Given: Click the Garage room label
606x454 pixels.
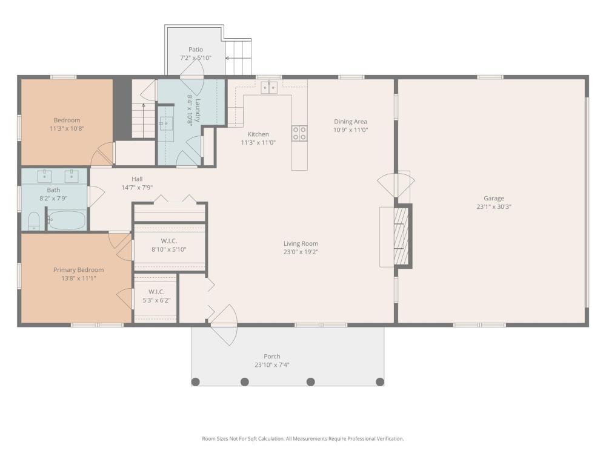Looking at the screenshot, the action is point(493,198).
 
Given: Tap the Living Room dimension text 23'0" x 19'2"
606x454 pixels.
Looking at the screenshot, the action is point(301,252).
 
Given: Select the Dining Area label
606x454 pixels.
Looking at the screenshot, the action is point(350,121).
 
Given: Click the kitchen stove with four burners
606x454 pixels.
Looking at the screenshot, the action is point(299,133).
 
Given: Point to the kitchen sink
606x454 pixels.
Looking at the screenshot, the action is point(268,88).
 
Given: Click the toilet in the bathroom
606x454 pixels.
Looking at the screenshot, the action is point(34,221).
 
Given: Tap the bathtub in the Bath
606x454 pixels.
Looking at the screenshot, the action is point(67,220).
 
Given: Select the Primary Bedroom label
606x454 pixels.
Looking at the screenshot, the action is point(78,270).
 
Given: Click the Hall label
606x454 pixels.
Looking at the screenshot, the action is point(137,179).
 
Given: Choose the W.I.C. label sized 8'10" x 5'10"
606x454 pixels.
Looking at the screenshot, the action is point(169,241).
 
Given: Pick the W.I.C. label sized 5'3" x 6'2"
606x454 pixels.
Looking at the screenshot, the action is point(156,292).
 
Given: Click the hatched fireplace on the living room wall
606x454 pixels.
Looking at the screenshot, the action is point(401,235).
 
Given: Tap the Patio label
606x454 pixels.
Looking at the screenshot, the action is point(196,50).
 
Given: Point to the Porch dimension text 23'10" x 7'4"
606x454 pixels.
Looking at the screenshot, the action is point(272,365).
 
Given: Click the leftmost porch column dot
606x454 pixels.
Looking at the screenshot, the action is point(196,382).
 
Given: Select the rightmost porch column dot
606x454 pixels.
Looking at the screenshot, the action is point(380,382).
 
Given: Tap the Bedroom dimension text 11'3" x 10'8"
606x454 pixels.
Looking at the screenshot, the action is point(67,128).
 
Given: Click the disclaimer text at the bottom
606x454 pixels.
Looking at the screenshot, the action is point(303,438).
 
